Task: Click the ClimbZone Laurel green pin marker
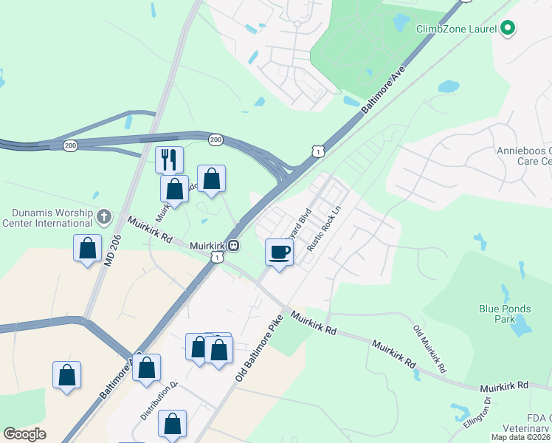[507, 29]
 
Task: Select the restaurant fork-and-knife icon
[169, 159]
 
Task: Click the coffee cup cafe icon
[280, 253]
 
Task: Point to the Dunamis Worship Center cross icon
[104, 216]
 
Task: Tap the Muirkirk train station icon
[233, 245]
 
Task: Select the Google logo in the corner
[25, 433]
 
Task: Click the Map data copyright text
[520, 437]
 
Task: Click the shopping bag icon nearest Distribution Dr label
[172, 424]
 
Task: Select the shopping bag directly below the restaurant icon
[174, 189]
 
